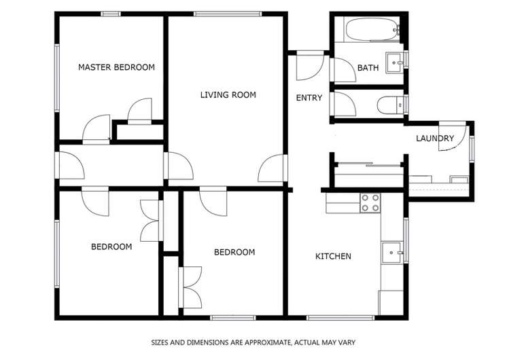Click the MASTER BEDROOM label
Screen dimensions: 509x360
pos(116,67)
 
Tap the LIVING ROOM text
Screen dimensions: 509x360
pos(228,94)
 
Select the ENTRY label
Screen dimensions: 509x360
pos(309,98)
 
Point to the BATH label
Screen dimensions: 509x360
pos(368,68)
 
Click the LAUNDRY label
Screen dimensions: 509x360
pos(435,139)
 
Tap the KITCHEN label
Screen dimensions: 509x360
pos(333,256)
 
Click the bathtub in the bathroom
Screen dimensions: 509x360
pos(372,29)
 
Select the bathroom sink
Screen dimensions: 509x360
pos(394,62)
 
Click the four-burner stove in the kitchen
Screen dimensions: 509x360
pos(370,202)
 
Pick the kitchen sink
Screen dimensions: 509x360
pos(391,252)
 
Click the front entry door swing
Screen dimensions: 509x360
pos(310,66)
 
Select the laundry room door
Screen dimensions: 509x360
pos(452,137)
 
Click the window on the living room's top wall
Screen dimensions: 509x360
pos(228,14)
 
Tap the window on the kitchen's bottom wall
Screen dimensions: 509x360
pos(340,318)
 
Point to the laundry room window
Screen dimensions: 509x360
pos(472,149)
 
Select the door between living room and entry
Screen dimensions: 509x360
pos(272,168)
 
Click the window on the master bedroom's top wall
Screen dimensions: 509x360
pos(111,14)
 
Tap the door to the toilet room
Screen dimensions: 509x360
pos(343,104)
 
